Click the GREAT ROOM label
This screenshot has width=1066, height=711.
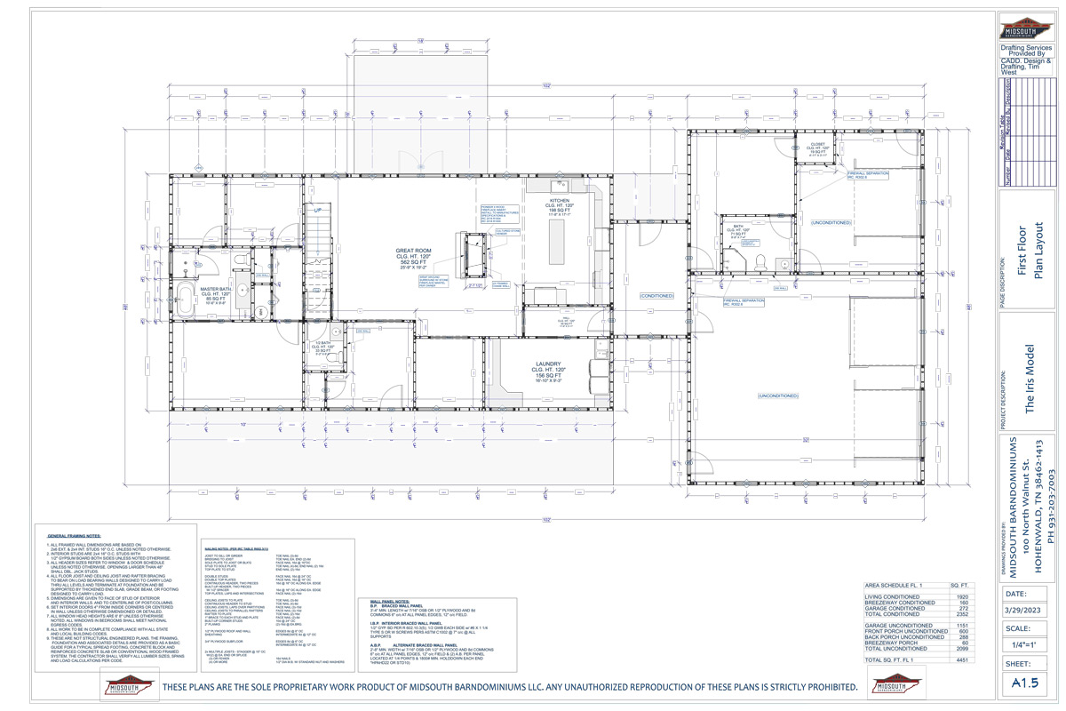click(x=412, y=252)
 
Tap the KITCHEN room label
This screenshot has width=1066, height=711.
click(x=558, y=201)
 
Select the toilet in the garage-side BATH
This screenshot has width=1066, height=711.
click(x=761, y=260)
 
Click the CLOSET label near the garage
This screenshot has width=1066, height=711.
click(x=816, y=145)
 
